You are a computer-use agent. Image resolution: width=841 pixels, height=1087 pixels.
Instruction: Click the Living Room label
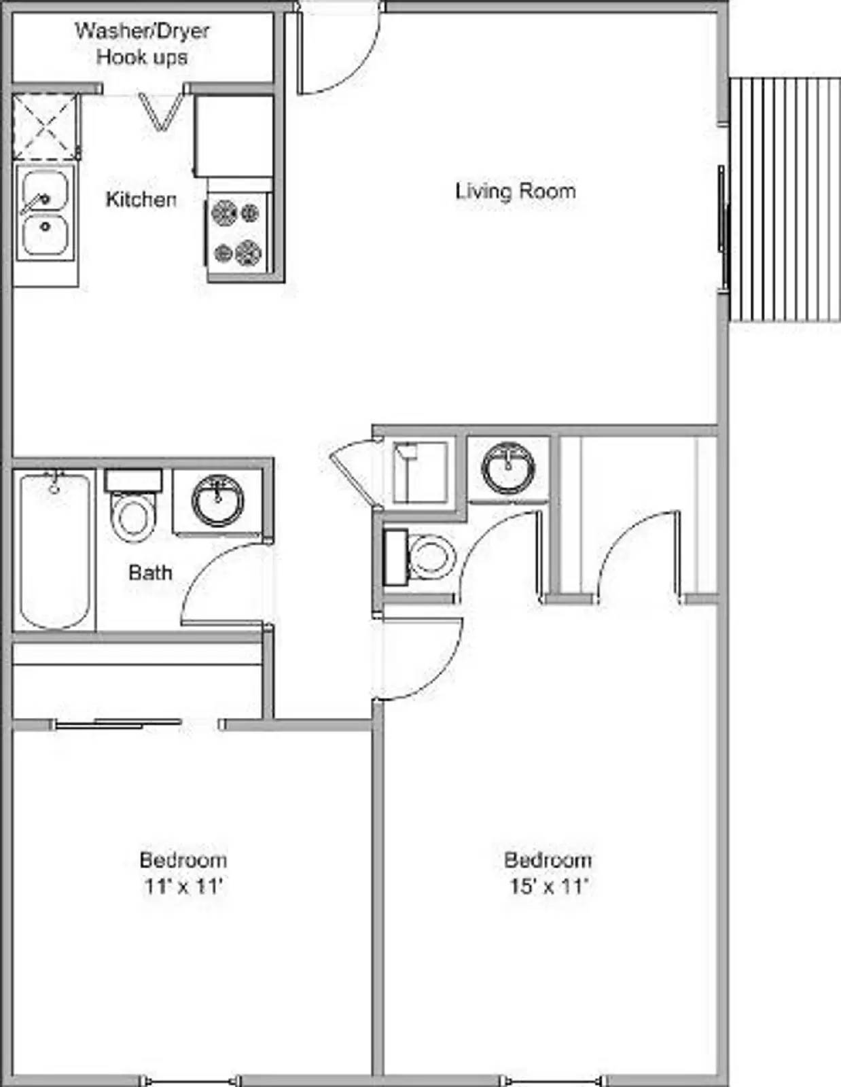point(515,191)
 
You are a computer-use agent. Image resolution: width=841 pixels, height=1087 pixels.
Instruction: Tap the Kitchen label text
point(141,199)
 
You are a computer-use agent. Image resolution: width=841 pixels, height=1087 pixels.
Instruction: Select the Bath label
point(150,573)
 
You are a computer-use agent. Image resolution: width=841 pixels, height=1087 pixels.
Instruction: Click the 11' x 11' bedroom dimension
point(183,887)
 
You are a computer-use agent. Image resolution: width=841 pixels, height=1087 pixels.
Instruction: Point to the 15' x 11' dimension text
point(548,887)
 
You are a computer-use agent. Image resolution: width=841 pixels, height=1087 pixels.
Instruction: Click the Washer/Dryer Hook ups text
point(142,44)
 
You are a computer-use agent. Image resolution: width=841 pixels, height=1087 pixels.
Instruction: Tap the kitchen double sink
point(45,213)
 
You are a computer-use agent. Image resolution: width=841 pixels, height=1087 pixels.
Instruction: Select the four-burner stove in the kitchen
point(237,233)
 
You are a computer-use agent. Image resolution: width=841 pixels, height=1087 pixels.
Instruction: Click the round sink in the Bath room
point(217,501)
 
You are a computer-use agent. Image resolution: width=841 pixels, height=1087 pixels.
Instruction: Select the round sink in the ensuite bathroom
point(507,469)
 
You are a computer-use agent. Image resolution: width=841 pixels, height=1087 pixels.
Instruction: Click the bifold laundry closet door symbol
point(161,111)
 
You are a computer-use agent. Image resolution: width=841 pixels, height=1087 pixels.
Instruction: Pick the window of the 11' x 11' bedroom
point(189,1080)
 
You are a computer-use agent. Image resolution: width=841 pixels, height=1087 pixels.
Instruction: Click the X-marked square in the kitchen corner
point(45,127)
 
